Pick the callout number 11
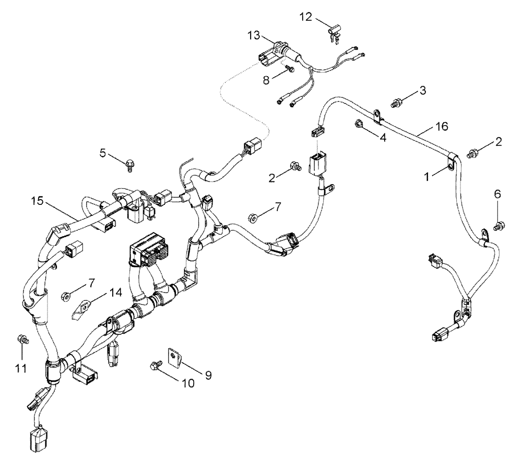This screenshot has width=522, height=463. tap(20, 369)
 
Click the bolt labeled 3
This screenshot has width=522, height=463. tap(395, 103)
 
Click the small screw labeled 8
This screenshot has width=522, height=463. tap(291, 69)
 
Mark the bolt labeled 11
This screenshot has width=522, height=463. tap(22, 339)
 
